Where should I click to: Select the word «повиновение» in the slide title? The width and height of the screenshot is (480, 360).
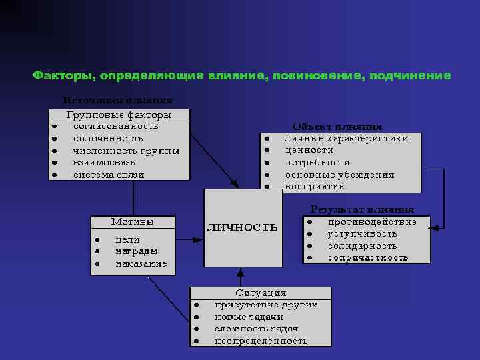coord(317,76)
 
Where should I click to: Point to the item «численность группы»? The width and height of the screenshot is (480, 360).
coord(126,151)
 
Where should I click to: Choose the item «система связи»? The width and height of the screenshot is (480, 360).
coord(108,175)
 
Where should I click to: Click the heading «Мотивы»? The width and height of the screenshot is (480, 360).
coord(132,221)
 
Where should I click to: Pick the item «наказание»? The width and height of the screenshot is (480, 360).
coord(141,264)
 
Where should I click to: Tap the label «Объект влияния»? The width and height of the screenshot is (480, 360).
coord(337,127)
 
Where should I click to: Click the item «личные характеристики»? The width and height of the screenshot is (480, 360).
coord(347,139)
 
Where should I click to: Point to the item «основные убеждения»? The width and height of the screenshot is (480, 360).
coord(339,175)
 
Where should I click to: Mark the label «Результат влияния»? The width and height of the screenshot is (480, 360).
coord(362,209)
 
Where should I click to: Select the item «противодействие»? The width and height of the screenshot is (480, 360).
coord(372,221)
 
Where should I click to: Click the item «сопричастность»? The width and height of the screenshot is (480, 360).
coord(367,258)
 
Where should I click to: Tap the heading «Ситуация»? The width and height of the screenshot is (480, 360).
coord(261,293)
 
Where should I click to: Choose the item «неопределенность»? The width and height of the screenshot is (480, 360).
coord(261,341)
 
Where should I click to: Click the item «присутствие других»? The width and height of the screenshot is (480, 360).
coord(265,305)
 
